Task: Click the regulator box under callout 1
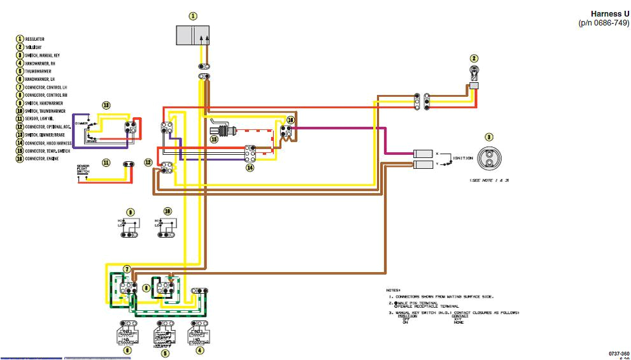click(x=193, y=35)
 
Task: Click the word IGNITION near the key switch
click(x=462, y=157)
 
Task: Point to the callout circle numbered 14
click(x=250, y=168)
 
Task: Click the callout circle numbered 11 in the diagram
click(x=106, y=163)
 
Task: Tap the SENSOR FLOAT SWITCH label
click(x=83, y=168)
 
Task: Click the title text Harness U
click(x=609, y=14)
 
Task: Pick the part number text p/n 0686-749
click(x=604, y=23)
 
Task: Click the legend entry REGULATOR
click(x=34, y=40)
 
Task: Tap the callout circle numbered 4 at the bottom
click(x=200, y=350)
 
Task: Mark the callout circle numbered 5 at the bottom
click(x=166, y=352)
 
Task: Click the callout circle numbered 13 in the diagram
click(x=106, y=105)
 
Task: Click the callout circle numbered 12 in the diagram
click(x=148, y=163)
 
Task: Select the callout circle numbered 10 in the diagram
click(x=167, y=211)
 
